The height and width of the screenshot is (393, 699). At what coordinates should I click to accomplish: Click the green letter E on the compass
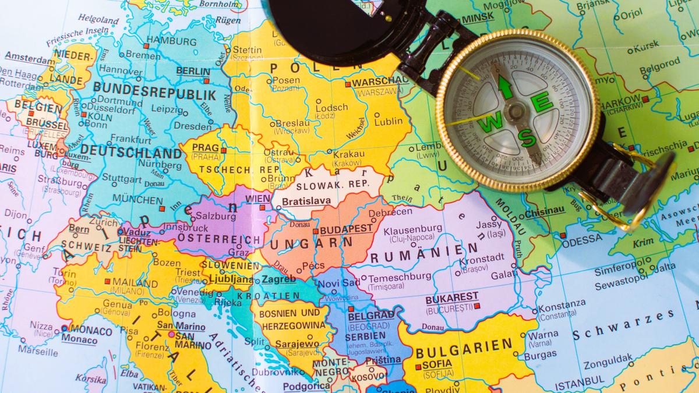(x=542, y=104)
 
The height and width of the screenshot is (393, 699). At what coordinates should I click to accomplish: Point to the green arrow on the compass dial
(x=505, y=88)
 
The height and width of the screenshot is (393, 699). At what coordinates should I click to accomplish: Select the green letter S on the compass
(x=528, y=137)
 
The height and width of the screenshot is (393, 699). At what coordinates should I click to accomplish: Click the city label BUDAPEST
(x=346, y=229)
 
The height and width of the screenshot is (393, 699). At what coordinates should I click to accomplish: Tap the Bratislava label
(x=306, y=201)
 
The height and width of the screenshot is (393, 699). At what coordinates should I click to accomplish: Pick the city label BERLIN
(x=193, y=70)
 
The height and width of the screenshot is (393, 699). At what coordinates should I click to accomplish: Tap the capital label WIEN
(x=258, y=199)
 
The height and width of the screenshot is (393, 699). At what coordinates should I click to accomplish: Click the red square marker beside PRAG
(x=223, y=150)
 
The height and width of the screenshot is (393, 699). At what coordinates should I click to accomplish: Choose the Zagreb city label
(x=278, y=279)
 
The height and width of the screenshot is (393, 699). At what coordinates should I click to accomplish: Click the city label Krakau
(x=349, y=154)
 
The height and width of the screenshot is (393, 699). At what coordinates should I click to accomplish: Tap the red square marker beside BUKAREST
(x=476, y=305)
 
